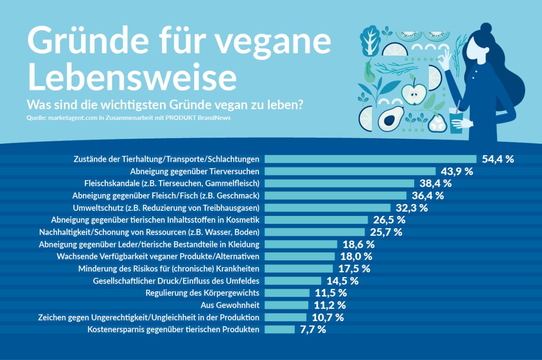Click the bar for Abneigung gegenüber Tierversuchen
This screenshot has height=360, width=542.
pyautogui.click(x=350, y=171)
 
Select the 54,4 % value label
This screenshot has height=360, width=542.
pyautogui.click(x=498, y=159)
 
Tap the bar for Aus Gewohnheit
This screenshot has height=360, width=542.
pyautogui.click(x=286, y=305)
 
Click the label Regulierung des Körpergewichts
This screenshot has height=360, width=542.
pyautogui.click(x=202, y=293)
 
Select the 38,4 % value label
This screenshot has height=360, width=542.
pyautogui.click(x=436, y=183)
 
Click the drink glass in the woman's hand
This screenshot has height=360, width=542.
pyautogui.click(x=456, y=121)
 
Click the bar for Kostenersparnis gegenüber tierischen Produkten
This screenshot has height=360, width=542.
pyautogui.click(x=279, y=329)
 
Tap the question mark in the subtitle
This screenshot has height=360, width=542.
pyautogui.click(x=300, y=105)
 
